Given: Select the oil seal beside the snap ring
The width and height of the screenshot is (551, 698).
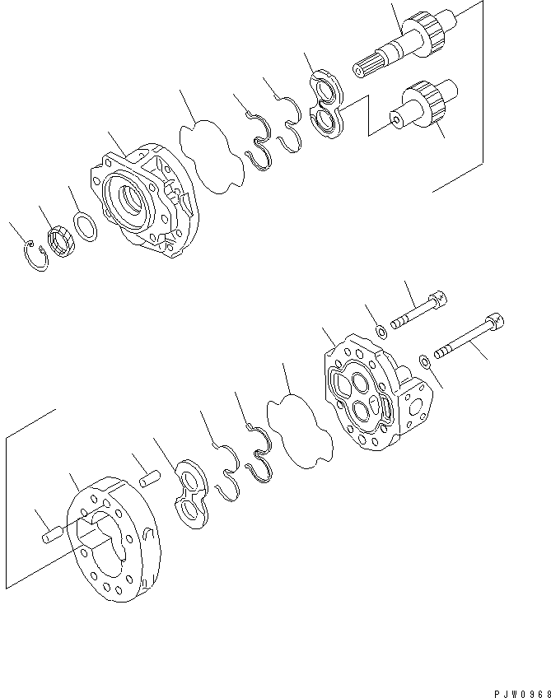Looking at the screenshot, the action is tap(62, 242).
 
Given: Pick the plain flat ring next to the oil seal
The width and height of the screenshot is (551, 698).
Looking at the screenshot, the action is tap(85, 227).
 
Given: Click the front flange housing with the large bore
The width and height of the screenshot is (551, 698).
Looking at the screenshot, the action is tap(145, 201).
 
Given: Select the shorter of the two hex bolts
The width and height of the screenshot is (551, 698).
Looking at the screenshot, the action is tap(419, 310).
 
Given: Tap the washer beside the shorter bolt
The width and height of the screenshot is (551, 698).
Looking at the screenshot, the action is tap(381, 332).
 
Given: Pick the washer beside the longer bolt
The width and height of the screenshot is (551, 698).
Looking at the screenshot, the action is tap(424, 361).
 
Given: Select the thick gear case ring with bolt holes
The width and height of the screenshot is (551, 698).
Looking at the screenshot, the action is tap(114, 539).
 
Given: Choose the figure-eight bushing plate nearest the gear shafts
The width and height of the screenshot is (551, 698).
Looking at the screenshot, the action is tap(327, 104).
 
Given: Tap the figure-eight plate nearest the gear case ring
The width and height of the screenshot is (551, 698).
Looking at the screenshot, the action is tap(190, 494).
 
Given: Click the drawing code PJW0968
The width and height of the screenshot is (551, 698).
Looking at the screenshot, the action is tap(522, 694).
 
